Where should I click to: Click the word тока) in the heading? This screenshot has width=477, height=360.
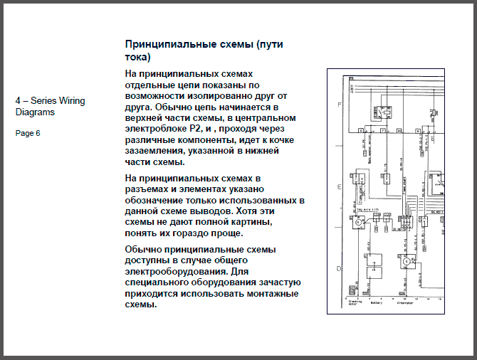(x=138, y=57)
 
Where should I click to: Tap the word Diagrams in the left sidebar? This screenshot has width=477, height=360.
(x=35, y=112)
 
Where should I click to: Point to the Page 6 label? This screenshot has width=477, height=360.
(x=28, y=133)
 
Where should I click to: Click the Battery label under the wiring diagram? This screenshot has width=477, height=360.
(x=376, y=302)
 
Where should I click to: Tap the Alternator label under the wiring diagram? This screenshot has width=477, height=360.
(x=406, y=302)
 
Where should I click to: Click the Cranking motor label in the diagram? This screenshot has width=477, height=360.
(x=355, y=302)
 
